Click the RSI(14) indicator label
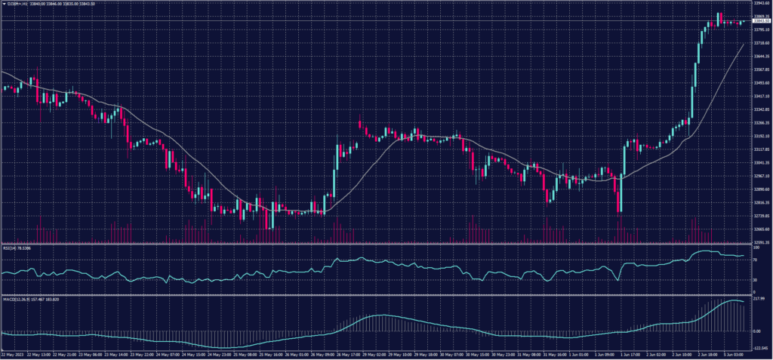coord(17,247)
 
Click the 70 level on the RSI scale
coord(756,259)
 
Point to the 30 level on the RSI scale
coord(756,280)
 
